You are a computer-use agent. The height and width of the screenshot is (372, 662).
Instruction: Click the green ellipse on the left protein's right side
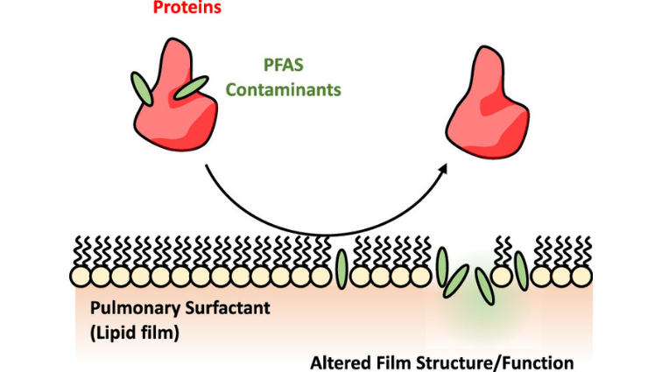190,88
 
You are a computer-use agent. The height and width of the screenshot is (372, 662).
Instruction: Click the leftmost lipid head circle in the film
80,277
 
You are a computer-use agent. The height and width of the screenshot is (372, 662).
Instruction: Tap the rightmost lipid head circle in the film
581,277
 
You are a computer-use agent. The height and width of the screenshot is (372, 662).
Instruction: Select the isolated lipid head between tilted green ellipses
502,277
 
